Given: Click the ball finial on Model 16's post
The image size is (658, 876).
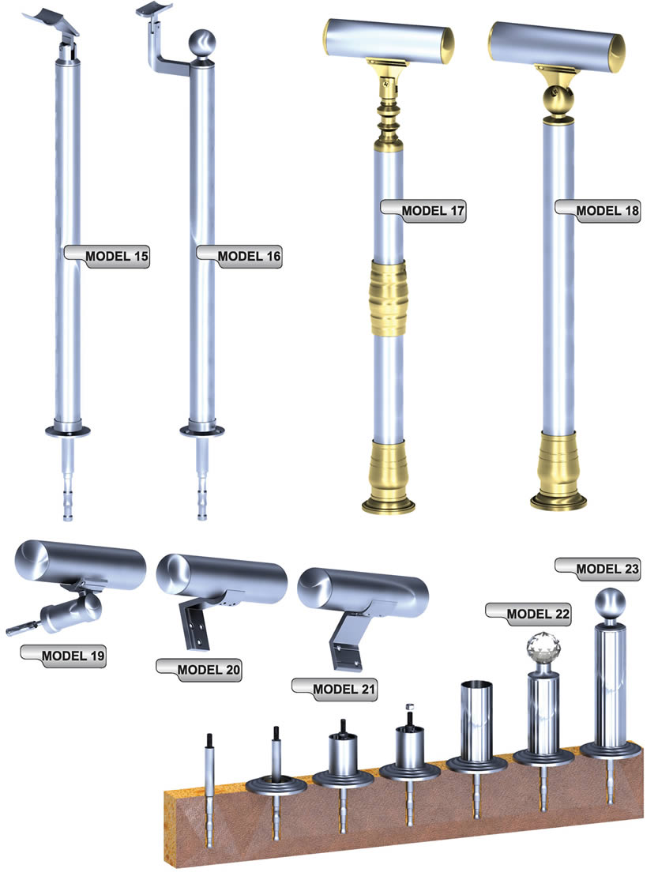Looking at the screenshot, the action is pyautogui.click(x=201, y=43).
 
